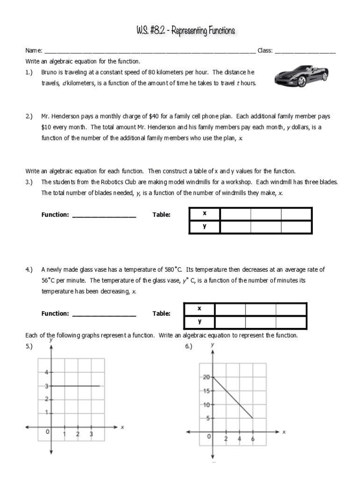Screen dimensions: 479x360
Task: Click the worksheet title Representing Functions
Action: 186,31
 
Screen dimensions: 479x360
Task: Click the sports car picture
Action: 301,75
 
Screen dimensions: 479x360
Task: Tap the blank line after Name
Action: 150,51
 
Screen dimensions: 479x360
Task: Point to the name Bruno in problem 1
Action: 50,73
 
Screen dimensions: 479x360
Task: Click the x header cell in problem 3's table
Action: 204,214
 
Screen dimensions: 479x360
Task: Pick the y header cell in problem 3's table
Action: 204,226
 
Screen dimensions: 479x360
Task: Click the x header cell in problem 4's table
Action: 199,309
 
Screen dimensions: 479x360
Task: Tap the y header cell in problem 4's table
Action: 199,322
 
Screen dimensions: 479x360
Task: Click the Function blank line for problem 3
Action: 104,215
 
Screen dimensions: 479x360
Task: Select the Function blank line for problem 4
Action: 104,314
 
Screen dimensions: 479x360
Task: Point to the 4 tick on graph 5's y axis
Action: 46,372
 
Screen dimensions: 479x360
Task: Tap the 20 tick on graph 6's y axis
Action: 207,377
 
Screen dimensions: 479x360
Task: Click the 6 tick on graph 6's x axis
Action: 253,439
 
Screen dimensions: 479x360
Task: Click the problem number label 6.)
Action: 189,346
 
